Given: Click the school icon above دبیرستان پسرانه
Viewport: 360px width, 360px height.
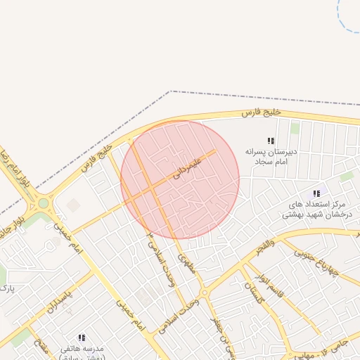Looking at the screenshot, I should pos(271,141).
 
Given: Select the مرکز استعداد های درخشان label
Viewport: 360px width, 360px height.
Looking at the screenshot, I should pos(316,209).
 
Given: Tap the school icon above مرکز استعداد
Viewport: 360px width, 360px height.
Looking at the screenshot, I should pos(316,193).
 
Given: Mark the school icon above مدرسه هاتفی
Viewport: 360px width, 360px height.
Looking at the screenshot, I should pos(82,338).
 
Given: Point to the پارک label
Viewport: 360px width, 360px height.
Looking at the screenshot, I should pos(7,288).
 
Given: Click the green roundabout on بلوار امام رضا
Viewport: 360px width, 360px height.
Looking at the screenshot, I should pos(44,204).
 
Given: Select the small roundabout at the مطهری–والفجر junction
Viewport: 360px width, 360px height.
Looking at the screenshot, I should pos(203,292).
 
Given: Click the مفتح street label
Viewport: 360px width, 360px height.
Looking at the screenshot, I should pos(44,347).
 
